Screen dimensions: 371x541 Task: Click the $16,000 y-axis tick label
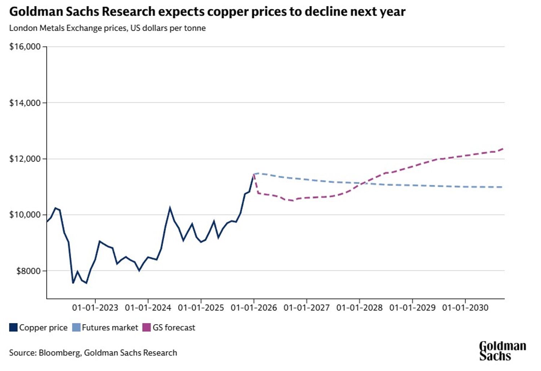coord(25,47)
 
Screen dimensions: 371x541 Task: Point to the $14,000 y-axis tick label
coord(25,103)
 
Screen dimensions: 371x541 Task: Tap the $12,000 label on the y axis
coord(25,159)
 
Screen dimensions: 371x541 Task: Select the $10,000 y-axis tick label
coord(25,215)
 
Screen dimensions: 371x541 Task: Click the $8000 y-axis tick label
coord(28,271)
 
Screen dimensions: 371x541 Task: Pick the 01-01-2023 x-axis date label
coord(95,308)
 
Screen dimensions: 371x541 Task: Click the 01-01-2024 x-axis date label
coord(148,308)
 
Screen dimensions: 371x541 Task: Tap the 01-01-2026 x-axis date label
coord(254,308)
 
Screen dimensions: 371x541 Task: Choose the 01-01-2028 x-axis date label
coord(360,308)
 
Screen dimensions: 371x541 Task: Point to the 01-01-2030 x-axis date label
coord(465,308)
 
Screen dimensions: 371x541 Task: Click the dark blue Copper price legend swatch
coord(13,327)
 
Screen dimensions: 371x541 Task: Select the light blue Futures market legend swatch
coord(76,327)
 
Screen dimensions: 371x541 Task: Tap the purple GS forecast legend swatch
coord(146,327)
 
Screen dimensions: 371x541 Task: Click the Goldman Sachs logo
coord(502,351)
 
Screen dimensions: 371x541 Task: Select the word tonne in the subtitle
coord(195,28)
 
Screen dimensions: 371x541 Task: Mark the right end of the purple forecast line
coord(503,149)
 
